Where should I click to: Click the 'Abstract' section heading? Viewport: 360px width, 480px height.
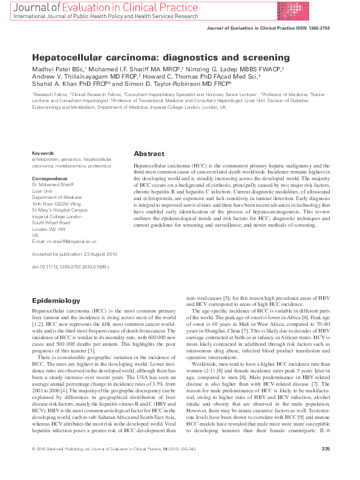coord(148,154)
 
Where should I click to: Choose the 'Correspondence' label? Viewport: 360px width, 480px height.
coord(50,178)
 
